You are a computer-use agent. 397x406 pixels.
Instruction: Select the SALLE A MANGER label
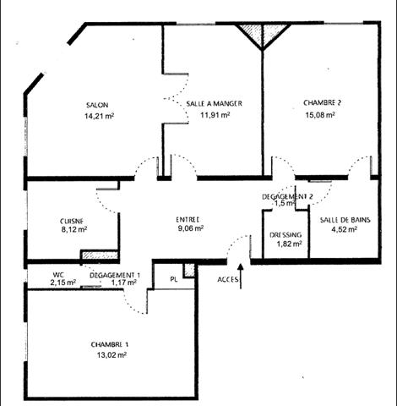[x=214, y=103]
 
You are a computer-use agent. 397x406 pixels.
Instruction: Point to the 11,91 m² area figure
[x=215, y=115]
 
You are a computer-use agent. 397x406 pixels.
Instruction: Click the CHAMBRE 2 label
[x=323, y=103]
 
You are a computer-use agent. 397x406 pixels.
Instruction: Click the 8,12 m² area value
[x=74, y=228]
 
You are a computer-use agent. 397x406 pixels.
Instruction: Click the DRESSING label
[x=286, y=234]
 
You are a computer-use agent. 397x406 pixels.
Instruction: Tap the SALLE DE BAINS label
[x=344, y=218]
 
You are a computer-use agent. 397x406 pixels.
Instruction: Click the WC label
[x=58, y=274]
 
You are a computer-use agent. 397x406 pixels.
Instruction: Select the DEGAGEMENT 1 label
[x=116, y=274]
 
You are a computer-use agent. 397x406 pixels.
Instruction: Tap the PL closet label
[x=174, y=277]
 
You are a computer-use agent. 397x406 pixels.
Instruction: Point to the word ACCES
[x=227, y=277]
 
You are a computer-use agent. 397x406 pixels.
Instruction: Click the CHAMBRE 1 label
[x=110, y=345]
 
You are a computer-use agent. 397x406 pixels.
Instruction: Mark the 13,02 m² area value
[x=111, y=356]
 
